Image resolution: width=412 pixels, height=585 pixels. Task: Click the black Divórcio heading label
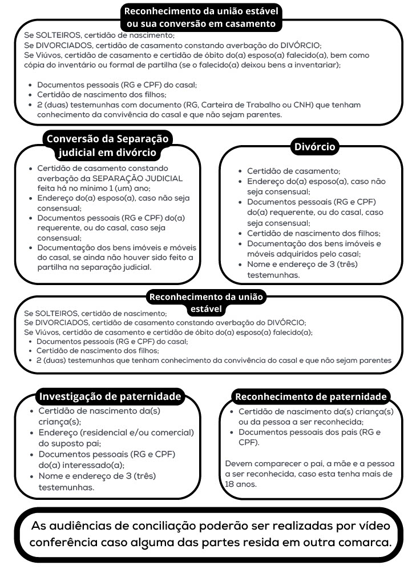314,147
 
